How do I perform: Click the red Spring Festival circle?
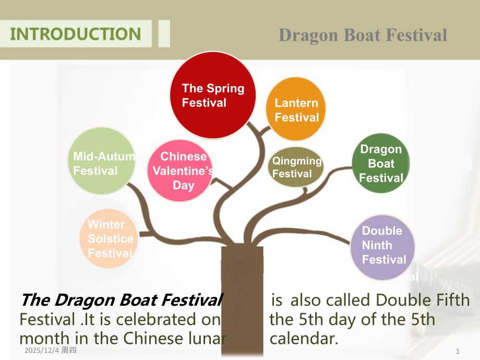213,95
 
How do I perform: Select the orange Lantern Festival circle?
296,109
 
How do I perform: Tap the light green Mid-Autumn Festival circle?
102,161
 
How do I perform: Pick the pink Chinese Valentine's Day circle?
180,171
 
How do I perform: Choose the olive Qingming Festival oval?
296,167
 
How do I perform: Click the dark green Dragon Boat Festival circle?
381,163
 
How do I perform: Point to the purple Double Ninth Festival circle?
382,247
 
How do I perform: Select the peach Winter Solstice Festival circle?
109,239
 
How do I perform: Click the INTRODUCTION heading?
76,34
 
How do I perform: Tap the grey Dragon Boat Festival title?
363,35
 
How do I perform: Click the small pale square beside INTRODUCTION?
164,34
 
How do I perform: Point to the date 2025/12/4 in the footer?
42,350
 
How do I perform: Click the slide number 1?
458,351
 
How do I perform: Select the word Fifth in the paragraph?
453,300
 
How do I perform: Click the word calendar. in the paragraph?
304,339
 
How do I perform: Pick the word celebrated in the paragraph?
156,320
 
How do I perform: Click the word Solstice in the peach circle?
111,239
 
